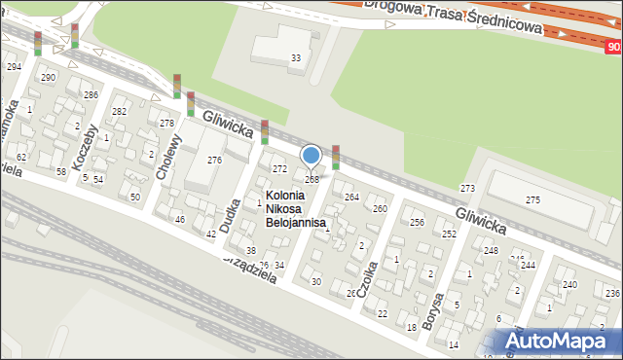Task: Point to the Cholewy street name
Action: pyautogui.click(x=169, y=157)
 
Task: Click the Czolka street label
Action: pyautogui.click(x=367, y=274)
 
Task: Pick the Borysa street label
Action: pyautogui.click(x=438, y=310)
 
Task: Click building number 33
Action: pyautogui.click(x=296, y=58)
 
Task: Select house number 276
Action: pyautogui.click(x=214, y=160)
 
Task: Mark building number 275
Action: pyautogui.click(x=532, y=199)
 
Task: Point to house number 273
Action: pyautogui.click(x=467, y=188)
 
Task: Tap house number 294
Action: pyautogui.click(x=14, y=66)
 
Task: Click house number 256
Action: pyautogui.click(x=417, y=223)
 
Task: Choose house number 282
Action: pyautogui.click(x=119, y=112)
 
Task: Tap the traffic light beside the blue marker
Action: pyautogui.click(x=336, y=157)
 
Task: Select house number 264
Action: pyautogui.click(x=351, y=198)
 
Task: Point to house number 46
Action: pyautogui.click(x=179, y=220)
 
